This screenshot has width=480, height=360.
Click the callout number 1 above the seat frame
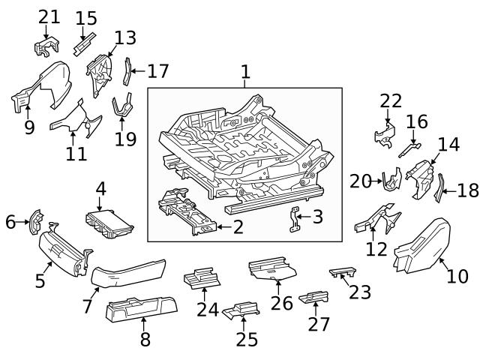tap(244, 72)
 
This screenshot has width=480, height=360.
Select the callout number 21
tap(49, 16)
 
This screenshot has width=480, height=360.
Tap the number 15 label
tap(86, 17)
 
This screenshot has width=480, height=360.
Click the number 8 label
tap(145, 339)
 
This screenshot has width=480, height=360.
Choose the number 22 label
tap(391, 100)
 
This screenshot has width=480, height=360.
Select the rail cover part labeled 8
tap(142, 308)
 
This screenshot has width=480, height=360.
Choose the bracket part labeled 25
tap(241, 310)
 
